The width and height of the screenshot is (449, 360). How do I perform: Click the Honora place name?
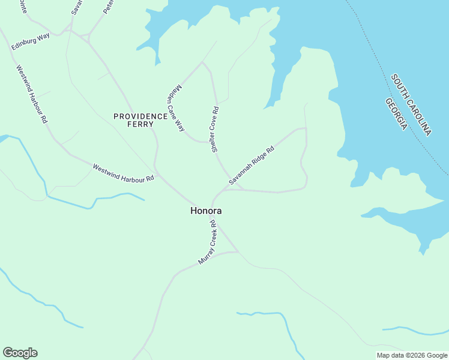(x=206, y=211)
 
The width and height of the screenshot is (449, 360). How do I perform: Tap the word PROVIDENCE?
(x=140, y=116)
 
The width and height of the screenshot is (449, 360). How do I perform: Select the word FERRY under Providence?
(x=140, y=124)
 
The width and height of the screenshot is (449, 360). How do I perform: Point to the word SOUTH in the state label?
(x=400, y=88)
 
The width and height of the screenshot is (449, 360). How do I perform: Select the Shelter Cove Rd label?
(x=215, y=129)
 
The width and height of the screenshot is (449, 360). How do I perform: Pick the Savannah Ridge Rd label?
(x=251, y=164)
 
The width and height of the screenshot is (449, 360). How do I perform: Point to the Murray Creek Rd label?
(x=207, y=243)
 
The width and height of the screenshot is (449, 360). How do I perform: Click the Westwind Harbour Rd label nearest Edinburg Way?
(x=32, y=94)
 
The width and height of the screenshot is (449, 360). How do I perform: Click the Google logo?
(x=20, y=353)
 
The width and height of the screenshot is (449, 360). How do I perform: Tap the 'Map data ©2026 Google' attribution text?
(x=412, y=355)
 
